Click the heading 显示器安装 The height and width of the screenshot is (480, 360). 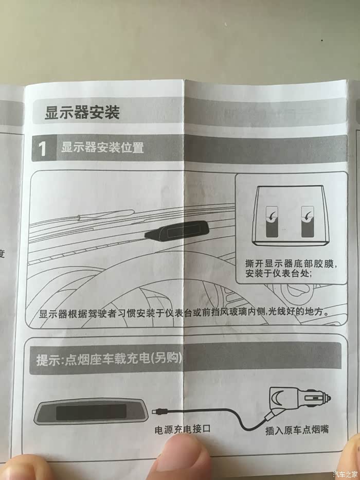(x=82, y=112)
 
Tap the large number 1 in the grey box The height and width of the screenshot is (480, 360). (x=43, y=149)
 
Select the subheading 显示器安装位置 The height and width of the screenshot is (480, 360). (x=102, y=148)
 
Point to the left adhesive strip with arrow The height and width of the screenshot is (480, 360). (x=272, y=222)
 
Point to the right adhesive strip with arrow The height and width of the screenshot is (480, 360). (x=308, y=222)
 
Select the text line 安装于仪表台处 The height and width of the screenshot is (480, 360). (x=279, y=273)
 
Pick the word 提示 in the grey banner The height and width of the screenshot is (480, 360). (x=46, y=360)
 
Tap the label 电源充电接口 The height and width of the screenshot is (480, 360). (x=183, y=429)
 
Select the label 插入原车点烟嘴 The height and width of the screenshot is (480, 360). (x=297, y=430)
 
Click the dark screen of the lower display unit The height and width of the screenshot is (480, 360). (x=92, y=412)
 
